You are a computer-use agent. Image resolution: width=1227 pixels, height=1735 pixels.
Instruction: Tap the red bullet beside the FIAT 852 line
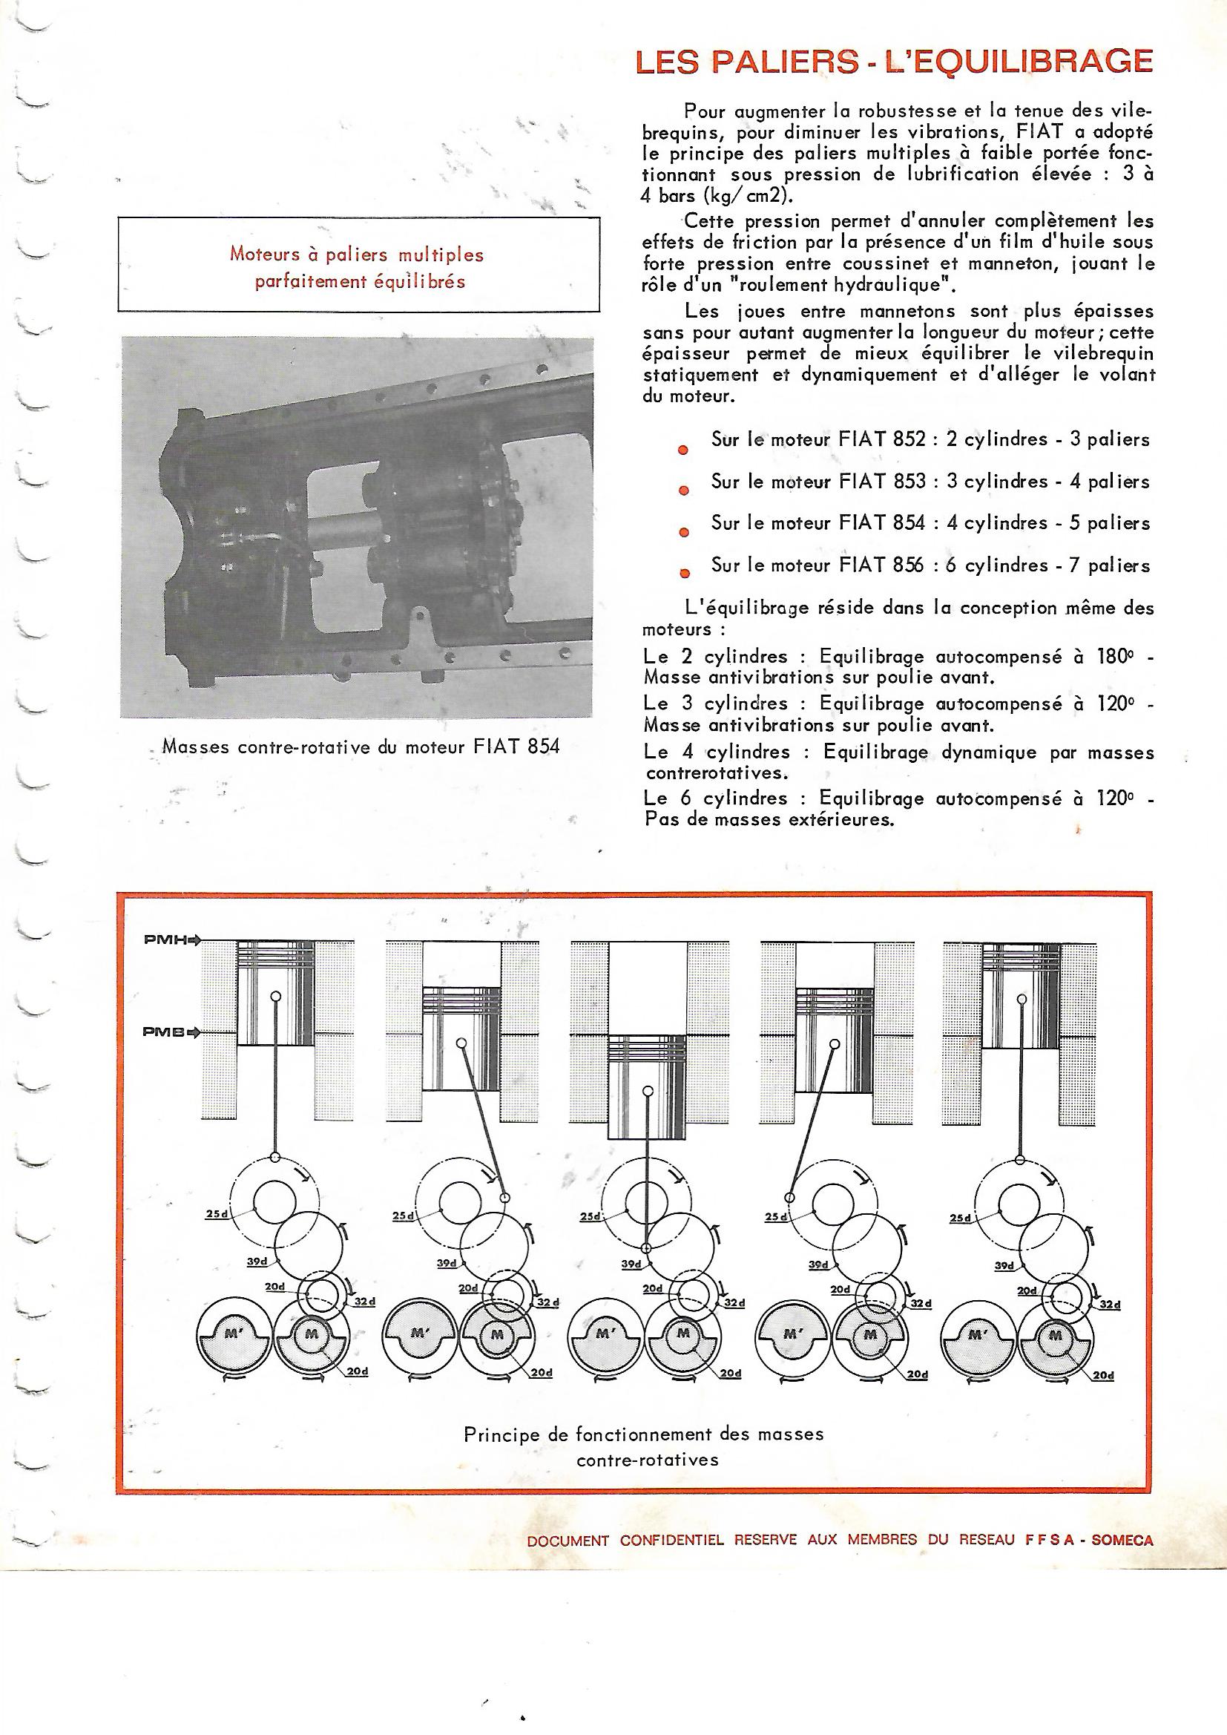[682, 450]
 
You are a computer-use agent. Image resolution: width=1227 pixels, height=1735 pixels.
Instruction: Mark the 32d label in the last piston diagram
[1108, 1305]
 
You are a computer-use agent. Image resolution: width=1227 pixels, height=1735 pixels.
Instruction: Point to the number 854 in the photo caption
[539, 747]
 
